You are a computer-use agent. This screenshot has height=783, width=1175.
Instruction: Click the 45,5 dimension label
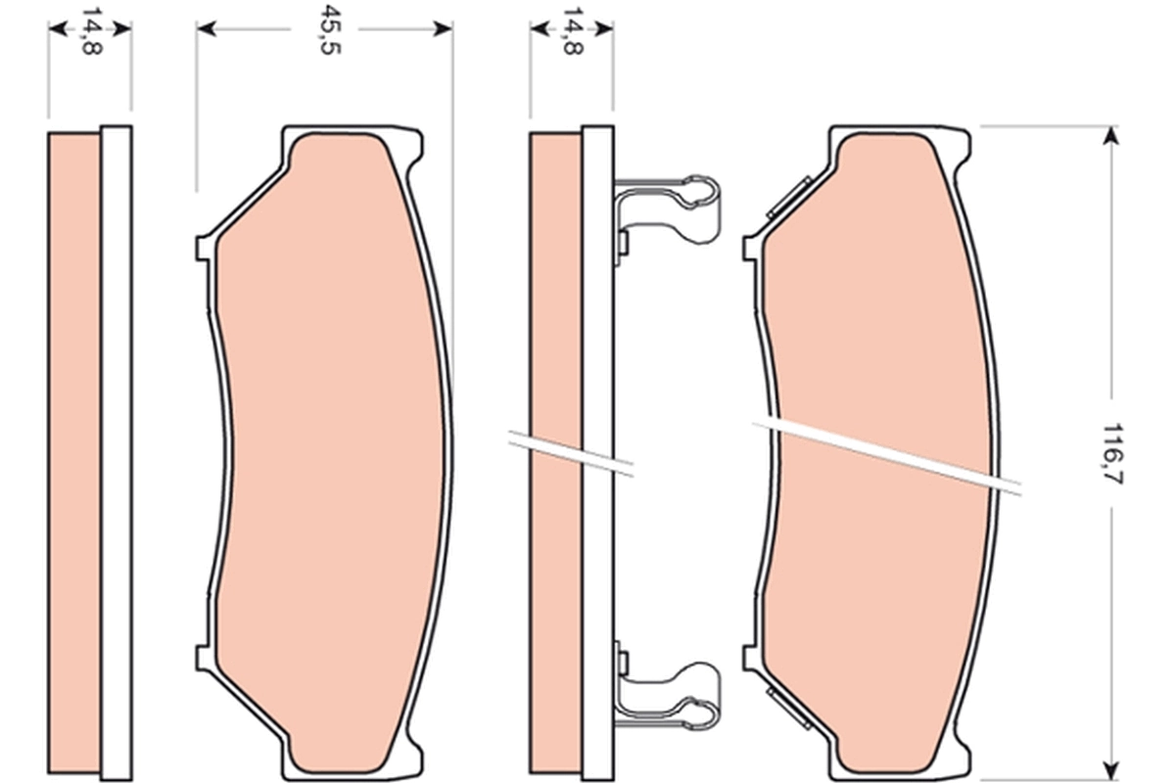(x=324, y=29)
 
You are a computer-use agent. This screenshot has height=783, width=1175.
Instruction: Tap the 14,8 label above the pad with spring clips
(x=571, y=30)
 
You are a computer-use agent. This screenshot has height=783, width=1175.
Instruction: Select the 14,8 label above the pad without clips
(x=90, y=30)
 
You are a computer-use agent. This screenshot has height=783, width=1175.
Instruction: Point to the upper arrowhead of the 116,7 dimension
(x=1109, y=135)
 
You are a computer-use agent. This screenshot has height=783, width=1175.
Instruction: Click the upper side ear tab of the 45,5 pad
(x=203, y=248)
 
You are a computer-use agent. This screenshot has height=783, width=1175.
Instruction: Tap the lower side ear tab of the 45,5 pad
(x=203, y=658)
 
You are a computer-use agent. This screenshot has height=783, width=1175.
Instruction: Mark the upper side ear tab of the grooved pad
(x=750, y=248)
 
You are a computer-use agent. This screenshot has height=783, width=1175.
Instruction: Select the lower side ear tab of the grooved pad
(x=750, y=658)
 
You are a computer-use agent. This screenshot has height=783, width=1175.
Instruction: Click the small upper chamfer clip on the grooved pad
(x=789, y=197)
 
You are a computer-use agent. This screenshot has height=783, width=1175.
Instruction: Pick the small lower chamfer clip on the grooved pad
(x=788, y=706)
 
